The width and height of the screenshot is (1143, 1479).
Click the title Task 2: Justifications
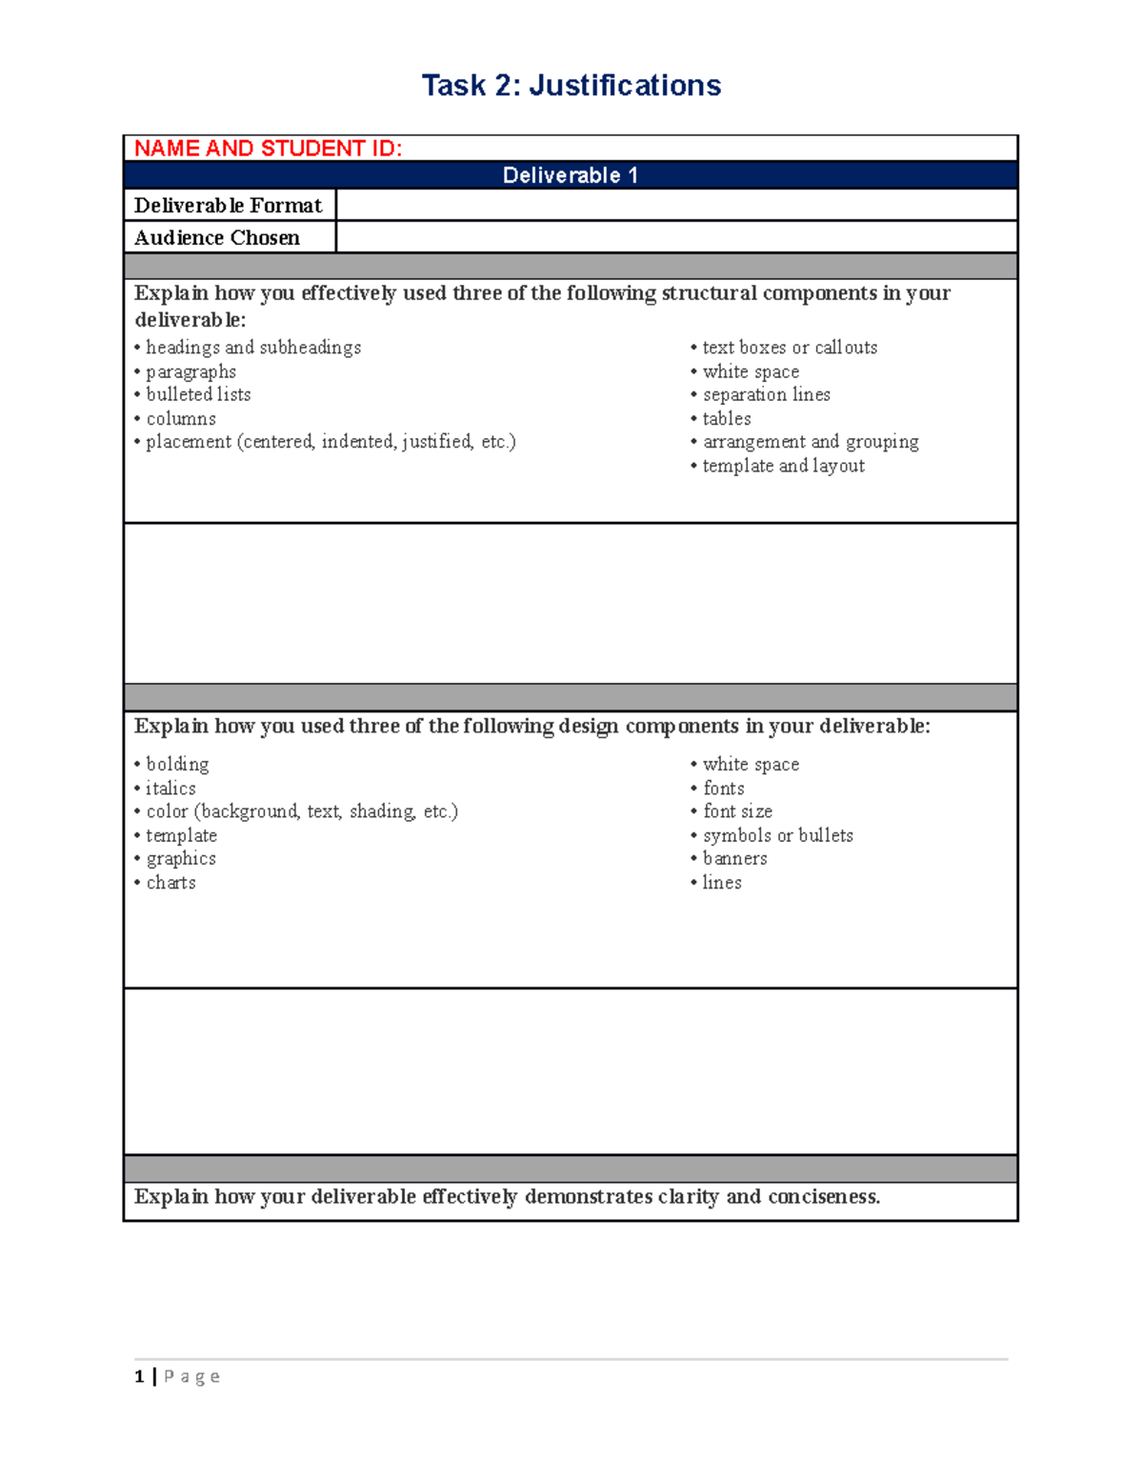[x=571, y=86]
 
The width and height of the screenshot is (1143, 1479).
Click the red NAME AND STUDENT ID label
[x=268, y=149]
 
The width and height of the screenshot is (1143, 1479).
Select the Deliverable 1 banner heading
[x=571, y=175]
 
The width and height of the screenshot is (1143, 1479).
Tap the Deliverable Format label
[x=228, y=206]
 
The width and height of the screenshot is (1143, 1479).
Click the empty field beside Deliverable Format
[x=676, y=206]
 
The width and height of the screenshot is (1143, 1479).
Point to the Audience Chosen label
[x=217, y=238]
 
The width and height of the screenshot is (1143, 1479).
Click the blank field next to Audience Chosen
[x=676, y=238]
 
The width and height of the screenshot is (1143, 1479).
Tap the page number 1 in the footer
[x=140, y=1376]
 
